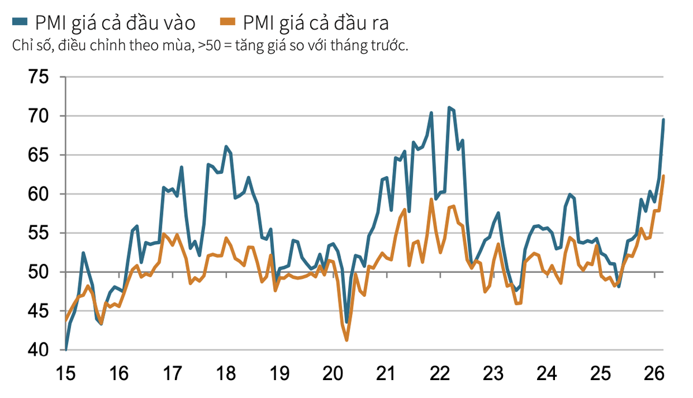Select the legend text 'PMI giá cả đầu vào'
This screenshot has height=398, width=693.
[x=115, y=23]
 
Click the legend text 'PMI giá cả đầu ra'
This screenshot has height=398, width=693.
[x=315, y=23]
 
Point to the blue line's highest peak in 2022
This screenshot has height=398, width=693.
[x=449, y=107]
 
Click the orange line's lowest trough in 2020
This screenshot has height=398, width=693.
[x=346, y=340]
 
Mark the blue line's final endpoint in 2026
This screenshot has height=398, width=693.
[x=663, y=120]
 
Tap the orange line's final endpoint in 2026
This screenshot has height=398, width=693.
[x=663, y=176]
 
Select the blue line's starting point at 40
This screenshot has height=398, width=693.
[x=66, y=349]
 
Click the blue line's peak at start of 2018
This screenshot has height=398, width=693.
[x=226, y=147]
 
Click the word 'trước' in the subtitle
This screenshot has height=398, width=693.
[x=390, y=47]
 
